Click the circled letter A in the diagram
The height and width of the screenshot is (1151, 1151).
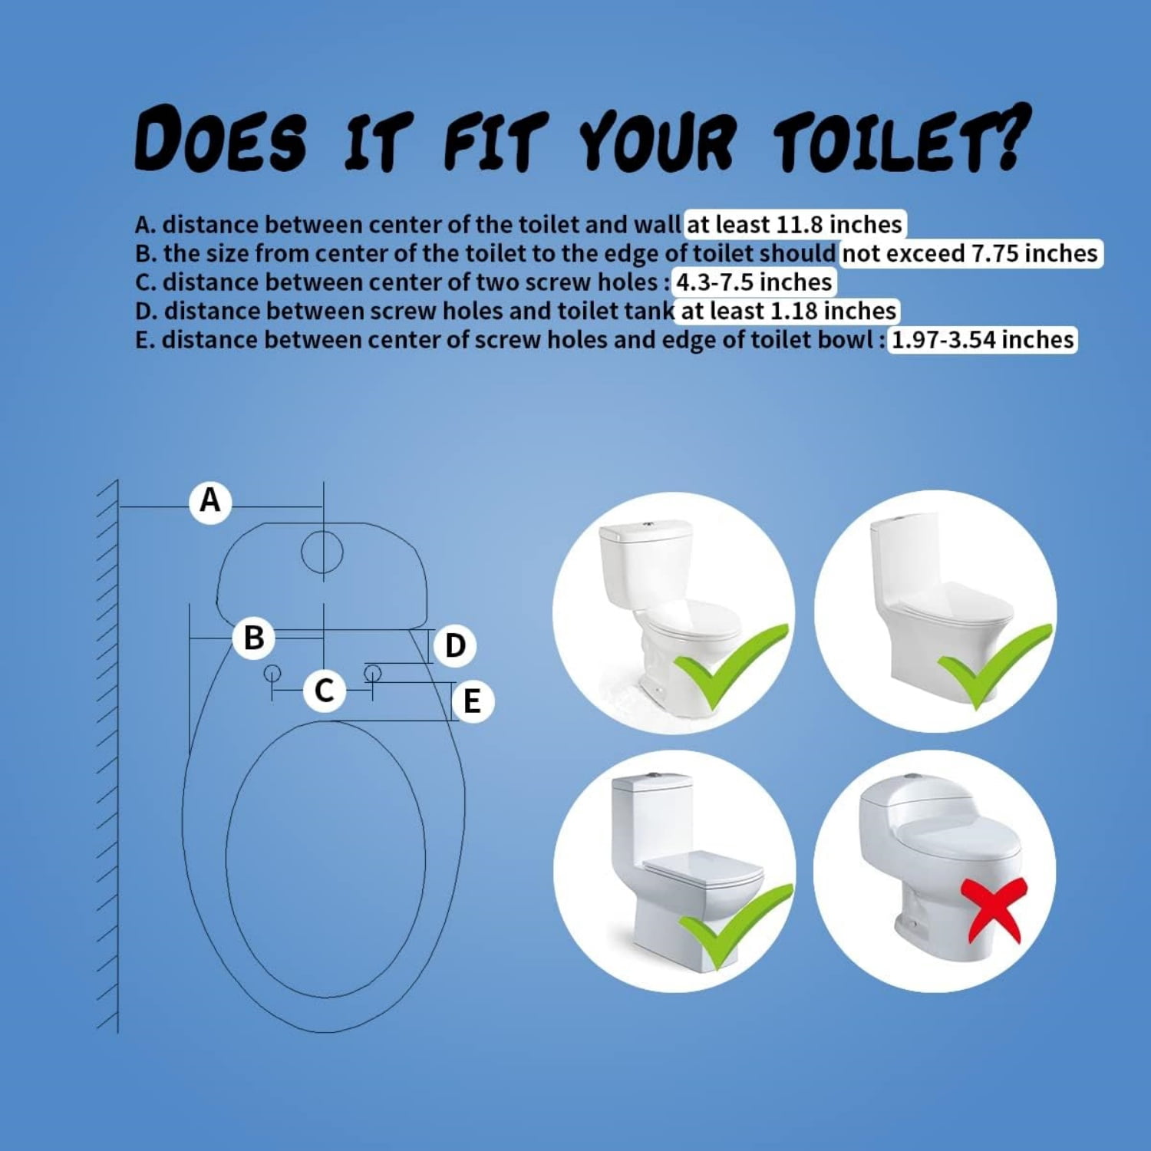[210, 501]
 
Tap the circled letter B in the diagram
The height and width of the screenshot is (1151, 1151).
[254, 638]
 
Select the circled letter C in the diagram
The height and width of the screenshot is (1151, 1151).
[324, 690]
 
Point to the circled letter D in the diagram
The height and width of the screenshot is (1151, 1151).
[455, 645]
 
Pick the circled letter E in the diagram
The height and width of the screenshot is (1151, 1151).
[472, 701]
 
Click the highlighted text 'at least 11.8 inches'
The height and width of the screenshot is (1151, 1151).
[794, 225]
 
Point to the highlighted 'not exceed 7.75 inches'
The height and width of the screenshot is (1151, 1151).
[971, 253]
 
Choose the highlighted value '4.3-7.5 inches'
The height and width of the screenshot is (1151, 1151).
[754, 282]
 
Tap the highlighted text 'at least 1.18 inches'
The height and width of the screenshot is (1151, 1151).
[788, 311]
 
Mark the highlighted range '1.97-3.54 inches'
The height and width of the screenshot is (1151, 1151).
[983, 340]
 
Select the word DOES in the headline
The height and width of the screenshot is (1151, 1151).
[221, 139]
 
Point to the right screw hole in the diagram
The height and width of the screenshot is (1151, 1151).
[373, 674]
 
